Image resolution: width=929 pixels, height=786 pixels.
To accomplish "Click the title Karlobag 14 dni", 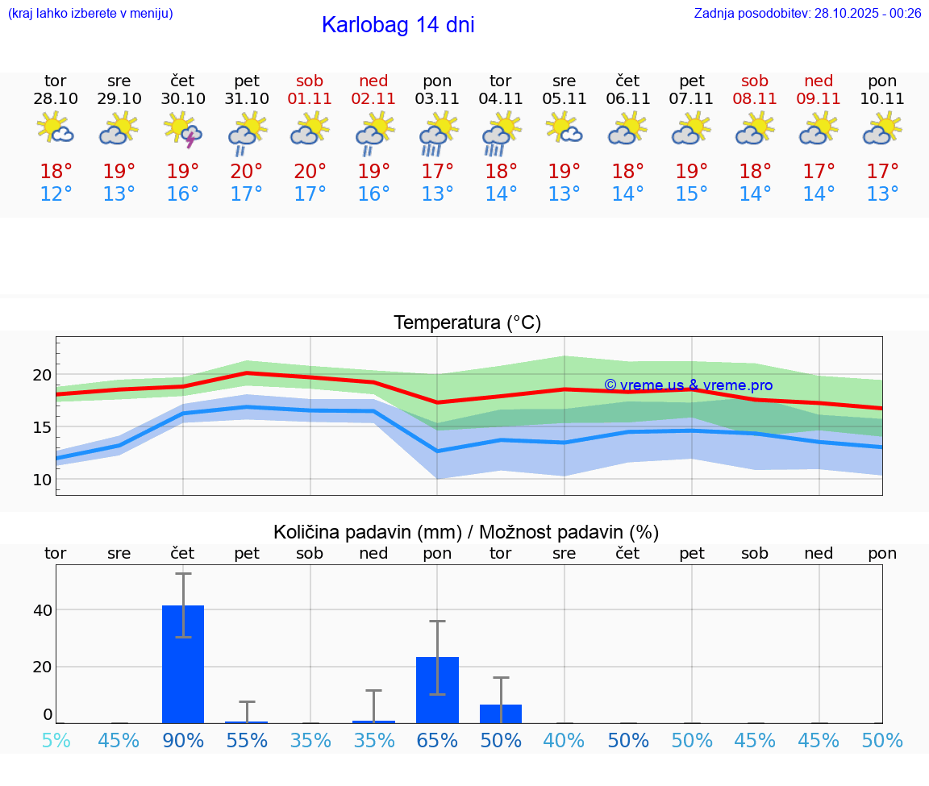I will coord(398,25).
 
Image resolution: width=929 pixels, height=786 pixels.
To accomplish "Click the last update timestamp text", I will coord(807,13).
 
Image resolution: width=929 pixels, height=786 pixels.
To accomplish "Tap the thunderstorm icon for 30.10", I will coord(183,129).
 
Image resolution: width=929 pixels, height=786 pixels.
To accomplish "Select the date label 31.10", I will coord(247,98).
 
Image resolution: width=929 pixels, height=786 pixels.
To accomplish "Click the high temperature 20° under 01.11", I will coord(310,171).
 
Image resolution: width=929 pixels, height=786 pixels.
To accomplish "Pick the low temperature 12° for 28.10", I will coord(56,194).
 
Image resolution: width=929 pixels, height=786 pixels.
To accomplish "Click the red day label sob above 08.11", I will coord(755,81).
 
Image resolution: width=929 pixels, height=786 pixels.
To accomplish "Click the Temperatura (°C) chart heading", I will coord(467,322).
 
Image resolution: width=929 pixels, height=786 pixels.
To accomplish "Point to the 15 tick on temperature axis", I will coord(41,427).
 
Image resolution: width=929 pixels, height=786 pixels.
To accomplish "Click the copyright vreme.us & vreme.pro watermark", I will coord(688,385).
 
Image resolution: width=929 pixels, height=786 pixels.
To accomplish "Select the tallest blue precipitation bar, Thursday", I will coord(183,663).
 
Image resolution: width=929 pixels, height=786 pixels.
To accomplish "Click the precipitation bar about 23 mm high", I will coord(437,689).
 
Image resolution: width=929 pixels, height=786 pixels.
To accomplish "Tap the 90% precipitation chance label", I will coord(183,740).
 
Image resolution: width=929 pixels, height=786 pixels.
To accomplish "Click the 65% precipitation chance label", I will coord(437,740).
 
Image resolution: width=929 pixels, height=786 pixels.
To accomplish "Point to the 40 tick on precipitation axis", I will coord(42,609).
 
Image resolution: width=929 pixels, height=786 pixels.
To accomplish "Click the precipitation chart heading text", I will coord(466,532).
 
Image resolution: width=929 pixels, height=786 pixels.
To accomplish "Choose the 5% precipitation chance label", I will coord(56,740).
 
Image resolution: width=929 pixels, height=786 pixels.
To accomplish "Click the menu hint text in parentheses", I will coord(90,13).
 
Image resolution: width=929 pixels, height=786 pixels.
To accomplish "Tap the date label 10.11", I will coord(882,98).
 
